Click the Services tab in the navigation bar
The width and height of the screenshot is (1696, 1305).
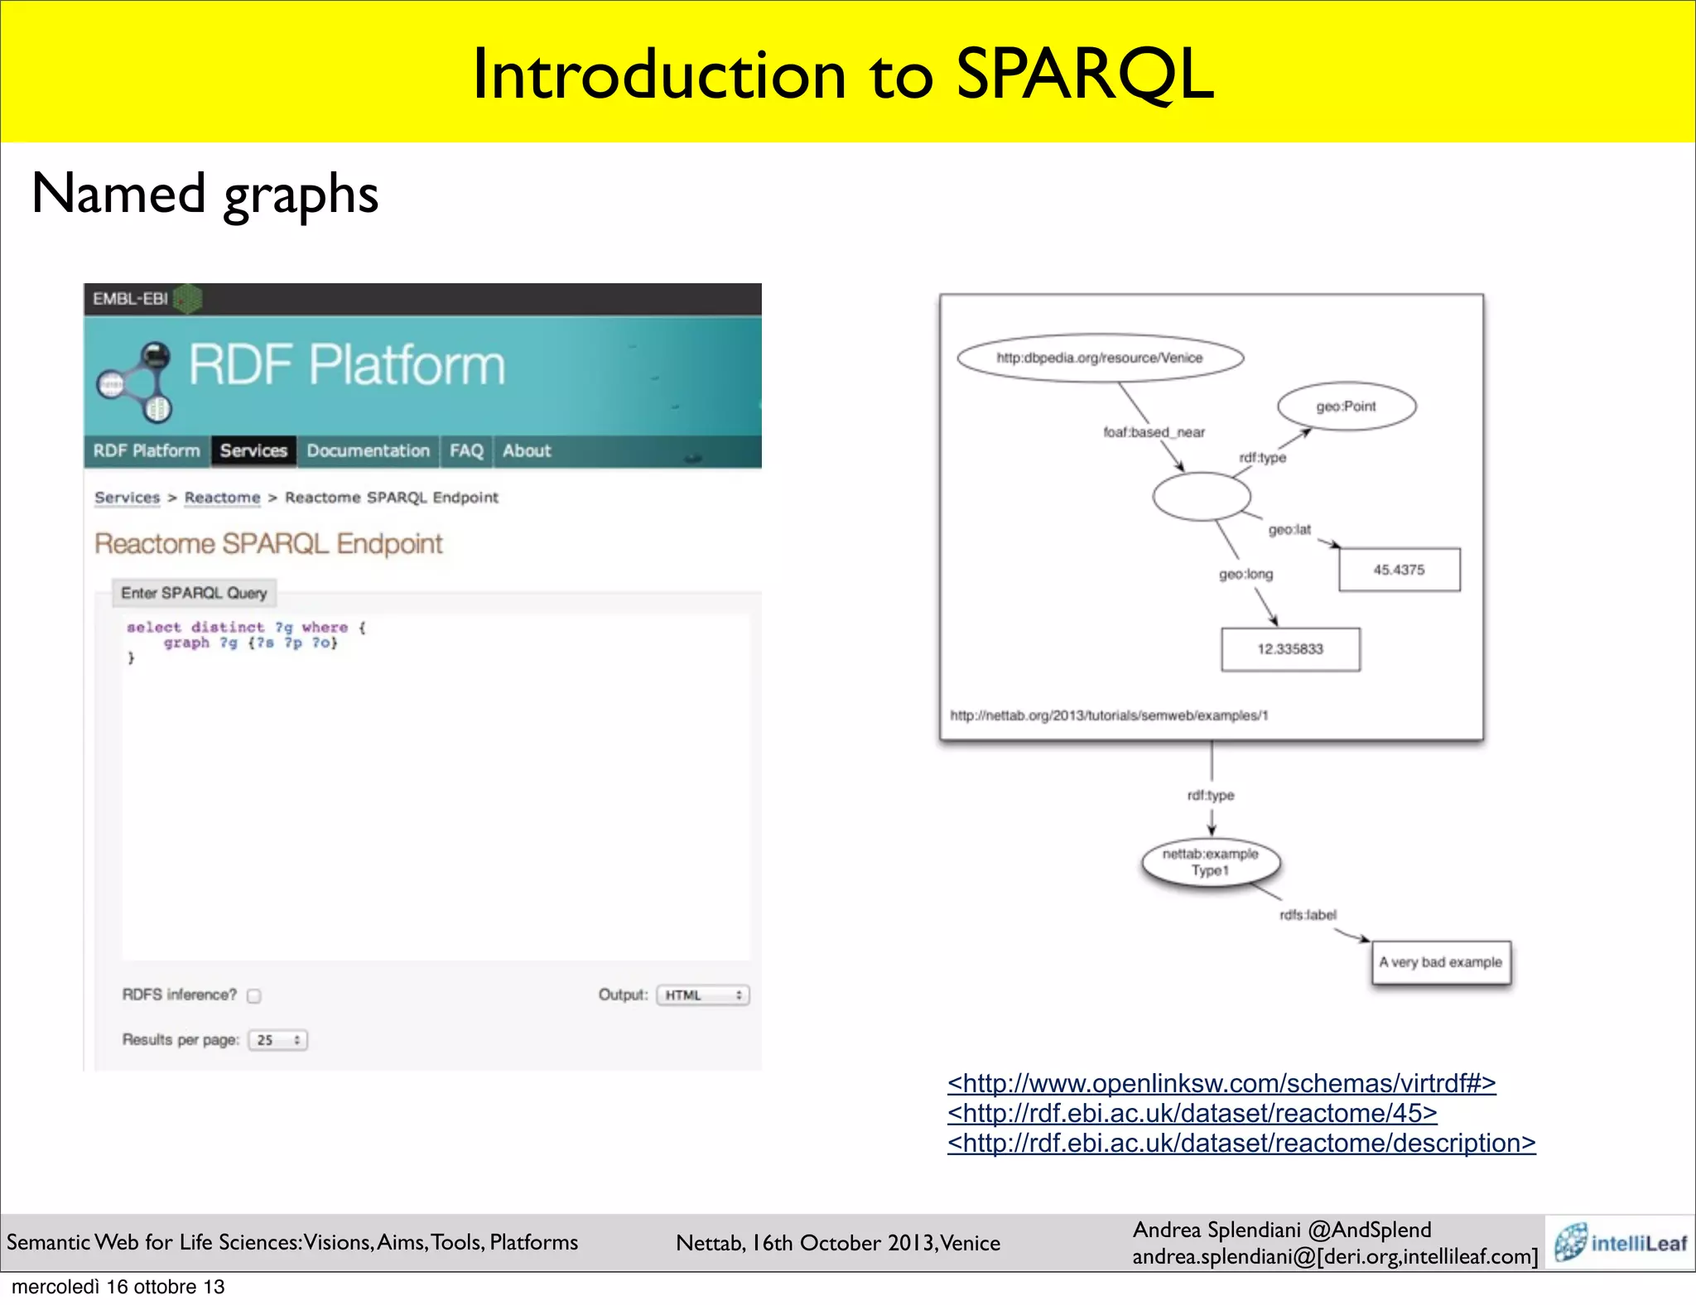click(253, 450)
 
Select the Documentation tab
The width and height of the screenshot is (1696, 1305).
click(368, 450)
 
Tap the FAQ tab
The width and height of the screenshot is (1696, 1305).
click(466, 450)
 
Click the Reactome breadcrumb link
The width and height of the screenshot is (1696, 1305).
click(222, 498)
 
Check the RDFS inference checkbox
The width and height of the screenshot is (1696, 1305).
click(254, 996)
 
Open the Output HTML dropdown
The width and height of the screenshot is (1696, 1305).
click(702, 995)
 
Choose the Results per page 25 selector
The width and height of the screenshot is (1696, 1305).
click(277, 1040)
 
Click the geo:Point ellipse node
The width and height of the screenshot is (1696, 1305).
click(1347, 407)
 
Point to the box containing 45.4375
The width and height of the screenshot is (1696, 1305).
click(1399, 570)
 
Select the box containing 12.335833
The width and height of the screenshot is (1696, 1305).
click(1289, 649)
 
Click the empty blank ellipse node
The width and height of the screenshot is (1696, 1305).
click(1202, 497)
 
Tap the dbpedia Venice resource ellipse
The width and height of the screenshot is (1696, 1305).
click(1100, 358)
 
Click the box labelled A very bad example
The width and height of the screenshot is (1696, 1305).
click(1440, 962)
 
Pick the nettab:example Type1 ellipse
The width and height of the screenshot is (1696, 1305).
click(1210, 863)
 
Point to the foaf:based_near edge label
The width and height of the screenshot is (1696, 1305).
click(1154, 432)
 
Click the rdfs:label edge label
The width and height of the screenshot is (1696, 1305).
click(1308, 915)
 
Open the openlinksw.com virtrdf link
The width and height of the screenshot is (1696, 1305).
click(1221, 1083)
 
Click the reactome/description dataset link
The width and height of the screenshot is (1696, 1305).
click(1241, 1144)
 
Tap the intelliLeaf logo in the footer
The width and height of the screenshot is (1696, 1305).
click(1621, 1243)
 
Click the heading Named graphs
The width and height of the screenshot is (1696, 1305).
click(205, 194)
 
